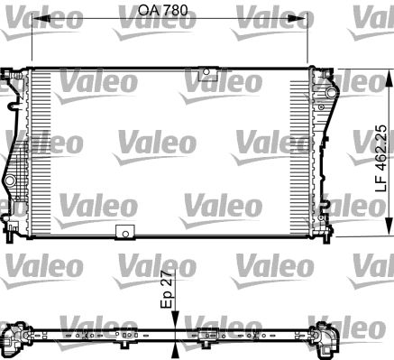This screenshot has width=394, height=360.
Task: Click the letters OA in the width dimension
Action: point(148,12)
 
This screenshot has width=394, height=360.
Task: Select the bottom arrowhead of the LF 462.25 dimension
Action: point(389,231)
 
